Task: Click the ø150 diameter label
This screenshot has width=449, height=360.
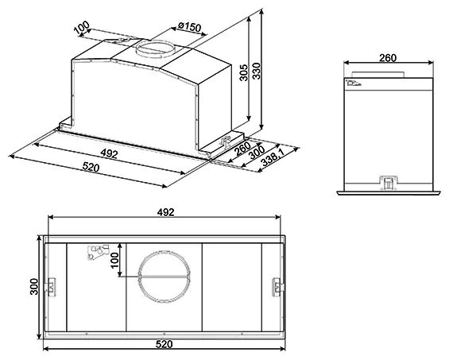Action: [x=189, y=27]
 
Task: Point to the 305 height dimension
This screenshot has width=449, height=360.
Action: [x=243, y=73]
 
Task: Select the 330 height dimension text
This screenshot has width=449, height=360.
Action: [x=256, y=71]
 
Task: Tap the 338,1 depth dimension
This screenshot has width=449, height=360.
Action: [x=273, y=160]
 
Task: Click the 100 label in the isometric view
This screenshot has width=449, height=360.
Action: [x=82, y=28]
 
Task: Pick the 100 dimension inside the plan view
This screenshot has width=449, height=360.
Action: [x=114, y=261]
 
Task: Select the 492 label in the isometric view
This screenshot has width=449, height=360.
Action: [x=109, y=154]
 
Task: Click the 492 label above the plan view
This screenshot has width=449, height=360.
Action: [x=165, y=212]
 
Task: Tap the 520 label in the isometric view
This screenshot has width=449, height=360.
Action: [x=91, y=167]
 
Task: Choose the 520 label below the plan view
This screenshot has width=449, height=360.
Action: [x=165, y=344]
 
